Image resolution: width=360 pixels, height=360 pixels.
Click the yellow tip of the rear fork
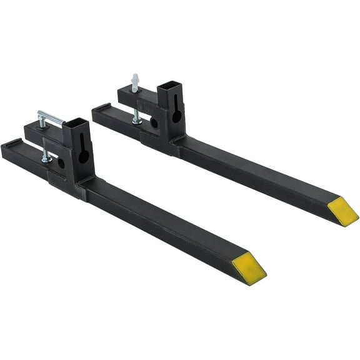click(x=342, y=211)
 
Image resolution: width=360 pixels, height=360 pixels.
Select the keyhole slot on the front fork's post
click(x=82, y=154)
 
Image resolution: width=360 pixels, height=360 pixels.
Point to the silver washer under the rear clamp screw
click(x=136, y=121)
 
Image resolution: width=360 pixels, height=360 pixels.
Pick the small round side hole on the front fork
click(x=61, y=163)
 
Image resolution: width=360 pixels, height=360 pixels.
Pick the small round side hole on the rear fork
click(x=154, y=123)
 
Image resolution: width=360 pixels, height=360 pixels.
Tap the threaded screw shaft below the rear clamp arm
click(x=136, y=112)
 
